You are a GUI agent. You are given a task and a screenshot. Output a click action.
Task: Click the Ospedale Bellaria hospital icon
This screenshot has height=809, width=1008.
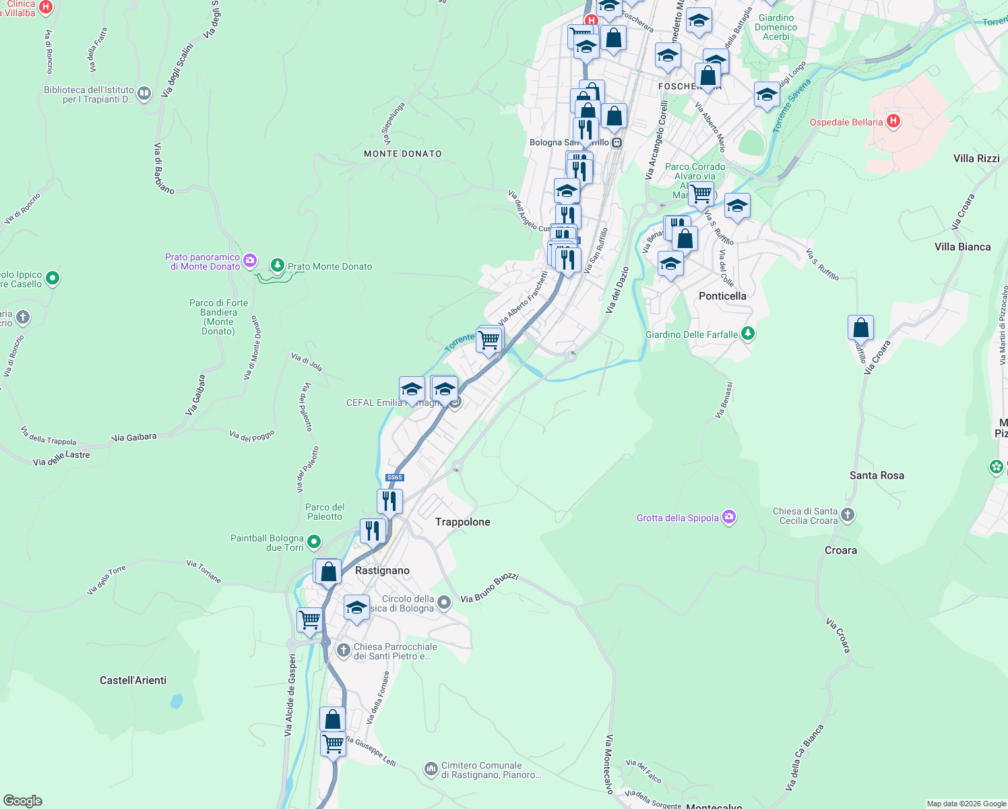(x=893, y=121)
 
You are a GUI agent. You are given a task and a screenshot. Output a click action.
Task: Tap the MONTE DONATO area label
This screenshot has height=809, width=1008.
(x=402, y=154)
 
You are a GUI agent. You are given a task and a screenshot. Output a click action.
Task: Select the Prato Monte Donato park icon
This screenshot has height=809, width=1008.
(x=277, y=266)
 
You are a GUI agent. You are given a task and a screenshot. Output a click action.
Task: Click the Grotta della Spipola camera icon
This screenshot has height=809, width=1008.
(x=728, y=517)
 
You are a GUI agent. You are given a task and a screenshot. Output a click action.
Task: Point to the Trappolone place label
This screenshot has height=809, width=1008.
(x=462, y=522)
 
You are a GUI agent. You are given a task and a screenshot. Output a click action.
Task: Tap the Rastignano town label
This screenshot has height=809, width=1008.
(x=382, y=570)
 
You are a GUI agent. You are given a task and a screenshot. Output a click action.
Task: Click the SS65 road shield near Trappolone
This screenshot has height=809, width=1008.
(x=394, y=477)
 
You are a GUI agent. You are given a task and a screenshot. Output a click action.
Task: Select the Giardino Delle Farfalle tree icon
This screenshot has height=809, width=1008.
(x=747, y=334)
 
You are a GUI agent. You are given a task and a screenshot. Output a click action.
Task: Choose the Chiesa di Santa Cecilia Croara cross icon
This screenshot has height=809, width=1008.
(x=848, y=515)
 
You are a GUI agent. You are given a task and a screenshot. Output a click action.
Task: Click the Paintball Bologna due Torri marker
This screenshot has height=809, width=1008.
(x=313, y=541)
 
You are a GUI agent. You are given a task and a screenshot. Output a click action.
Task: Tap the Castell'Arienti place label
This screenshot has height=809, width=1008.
(x=133, y=680)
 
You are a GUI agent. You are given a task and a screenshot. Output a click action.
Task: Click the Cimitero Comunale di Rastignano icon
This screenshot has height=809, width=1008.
(x=431, y=769)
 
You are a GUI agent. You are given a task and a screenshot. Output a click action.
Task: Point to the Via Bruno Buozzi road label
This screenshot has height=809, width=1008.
(x=489, y=588)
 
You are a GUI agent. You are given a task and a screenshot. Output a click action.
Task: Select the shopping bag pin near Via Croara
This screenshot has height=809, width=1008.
(x=860, y=328)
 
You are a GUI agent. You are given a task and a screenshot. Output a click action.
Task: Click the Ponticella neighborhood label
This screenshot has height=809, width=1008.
(x=722, y=296)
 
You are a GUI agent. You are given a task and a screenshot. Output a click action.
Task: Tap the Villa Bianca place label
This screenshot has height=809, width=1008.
(x=962, y=247)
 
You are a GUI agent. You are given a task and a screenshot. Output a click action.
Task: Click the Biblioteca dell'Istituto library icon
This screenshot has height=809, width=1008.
(x=144, y=92)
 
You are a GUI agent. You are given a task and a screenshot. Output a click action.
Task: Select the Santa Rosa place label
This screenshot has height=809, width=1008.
(x=877, y=475)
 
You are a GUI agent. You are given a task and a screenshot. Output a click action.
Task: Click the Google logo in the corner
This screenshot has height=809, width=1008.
(x=23, y=800)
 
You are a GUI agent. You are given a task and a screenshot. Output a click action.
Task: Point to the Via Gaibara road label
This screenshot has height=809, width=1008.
(x=134, y=438)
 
